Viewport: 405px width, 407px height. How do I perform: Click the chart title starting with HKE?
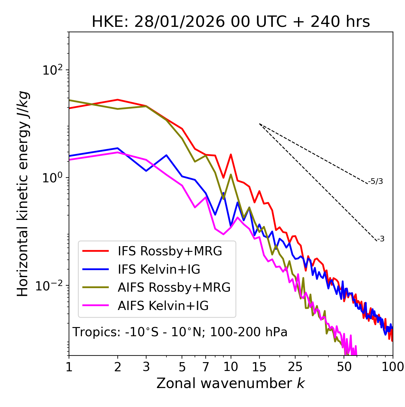231,22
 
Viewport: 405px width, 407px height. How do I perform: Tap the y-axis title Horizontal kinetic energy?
23,194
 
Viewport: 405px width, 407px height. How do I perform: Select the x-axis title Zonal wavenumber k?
230,383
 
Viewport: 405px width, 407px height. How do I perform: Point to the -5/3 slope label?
376,181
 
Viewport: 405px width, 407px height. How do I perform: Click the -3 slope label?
381,239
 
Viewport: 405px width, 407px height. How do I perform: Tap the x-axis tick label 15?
259,367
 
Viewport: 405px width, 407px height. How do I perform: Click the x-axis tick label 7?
206,367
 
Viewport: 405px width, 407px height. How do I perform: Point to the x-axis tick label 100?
393,367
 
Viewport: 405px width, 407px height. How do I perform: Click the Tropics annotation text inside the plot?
180,332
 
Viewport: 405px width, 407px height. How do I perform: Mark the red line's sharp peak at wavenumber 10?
231,155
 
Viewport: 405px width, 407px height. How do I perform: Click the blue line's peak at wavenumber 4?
166,155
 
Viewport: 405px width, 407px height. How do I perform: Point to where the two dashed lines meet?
259,124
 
